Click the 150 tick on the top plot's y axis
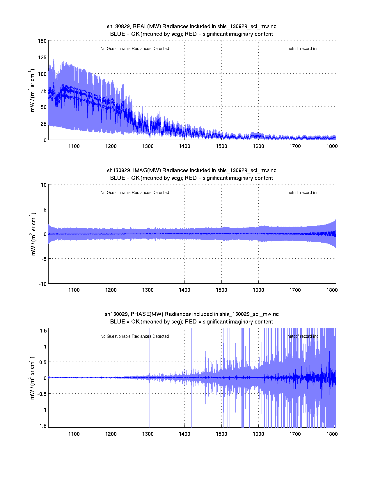(42, 41)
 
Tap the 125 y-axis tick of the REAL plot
(42, 57)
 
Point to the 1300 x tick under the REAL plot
(148, 146)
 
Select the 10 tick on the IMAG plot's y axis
(44, 185)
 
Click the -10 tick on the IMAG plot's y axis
(42, 284)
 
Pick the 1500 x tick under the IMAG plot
(221, 290)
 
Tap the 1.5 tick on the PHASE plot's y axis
(43, 330)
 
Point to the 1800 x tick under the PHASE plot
(332, 434)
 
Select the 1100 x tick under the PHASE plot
(74, 434)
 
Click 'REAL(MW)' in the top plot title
(146, 26)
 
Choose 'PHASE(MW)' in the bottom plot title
(148, 314)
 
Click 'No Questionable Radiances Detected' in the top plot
(134, 49)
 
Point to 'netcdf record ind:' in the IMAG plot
(303, 193)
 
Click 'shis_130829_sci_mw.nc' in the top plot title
(247, 26)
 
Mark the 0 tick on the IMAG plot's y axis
(45, 234)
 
